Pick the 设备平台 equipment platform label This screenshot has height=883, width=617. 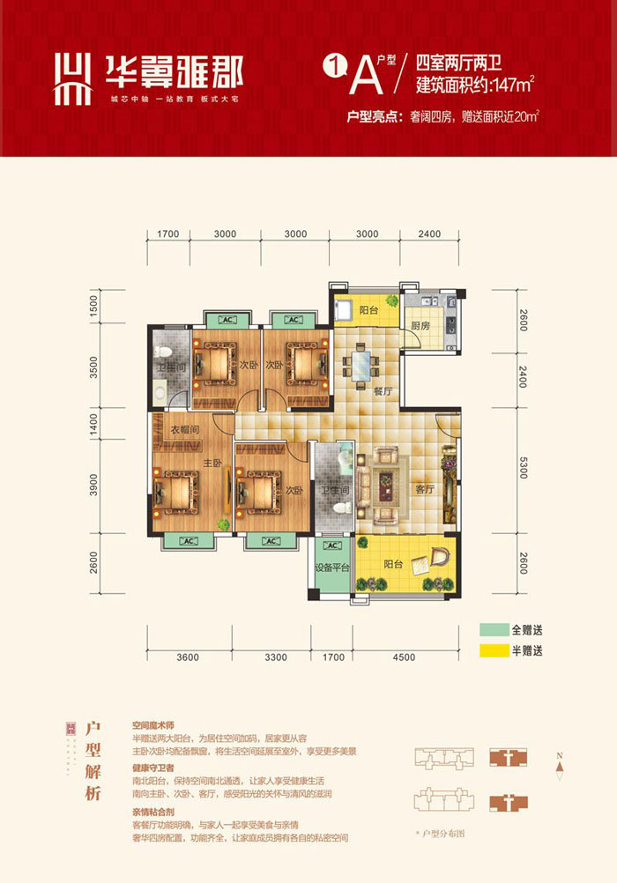tap(334, 568)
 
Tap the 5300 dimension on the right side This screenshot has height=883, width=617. tap(523, 474)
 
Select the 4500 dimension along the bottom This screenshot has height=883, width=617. tap(404, 656)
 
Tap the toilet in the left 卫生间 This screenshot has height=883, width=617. tap(159, 394)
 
